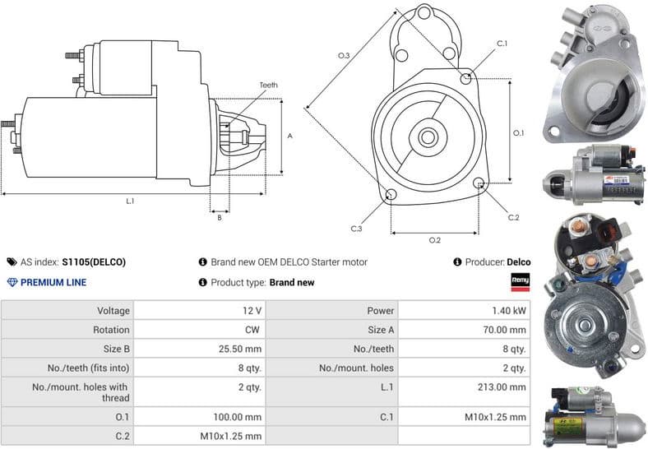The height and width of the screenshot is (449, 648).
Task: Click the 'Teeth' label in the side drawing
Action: pos(269,86)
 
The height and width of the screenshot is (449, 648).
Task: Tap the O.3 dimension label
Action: pos(344,55)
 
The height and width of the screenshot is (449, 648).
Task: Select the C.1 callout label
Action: pos(502,43)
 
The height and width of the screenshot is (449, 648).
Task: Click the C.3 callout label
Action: pos(356,229)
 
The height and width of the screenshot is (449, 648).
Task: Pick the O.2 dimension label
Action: pos(435,240)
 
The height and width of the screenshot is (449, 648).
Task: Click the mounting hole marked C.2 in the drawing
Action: pos(480,183)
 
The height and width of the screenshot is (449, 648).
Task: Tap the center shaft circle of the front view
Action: pos(428,134)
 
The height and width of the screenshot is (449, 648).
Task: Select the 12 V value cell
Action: pos(252,311)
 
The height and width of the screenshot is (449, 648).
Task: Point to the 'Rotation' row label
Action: pos(112,330)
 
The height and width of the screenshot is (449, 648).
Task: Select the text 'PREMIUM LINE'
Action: pos(53,282)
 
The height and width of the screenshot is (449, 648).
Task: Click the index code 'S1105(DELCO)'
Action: pos(94,262)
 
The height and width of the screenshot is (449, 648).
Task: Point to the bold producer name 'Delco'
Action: pos(519,262)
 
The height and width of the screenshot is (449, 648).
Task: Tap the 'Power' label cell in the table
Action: pos(381,311)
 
